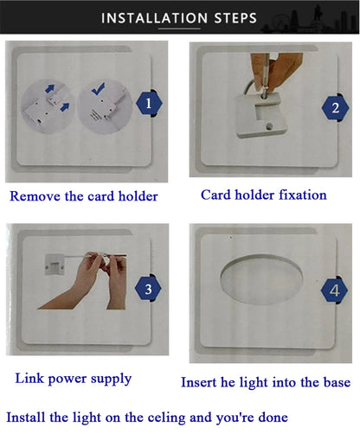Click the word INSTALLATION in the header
154,18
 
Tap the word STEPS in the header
235,18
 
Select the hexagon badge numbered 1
149,103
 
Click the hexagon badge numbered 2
335,108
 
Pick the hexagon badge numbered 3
148,289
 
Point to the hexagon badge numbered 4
334,290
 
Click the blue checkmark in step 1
99,89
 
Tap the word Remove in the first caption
35,196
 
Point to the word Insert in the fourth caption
199,382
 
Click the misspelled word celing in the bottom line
166,418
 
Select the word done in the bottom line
273,418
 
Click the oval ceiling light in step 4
261,279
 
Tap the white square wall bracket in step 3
55,265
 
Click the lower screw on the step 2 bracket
269,125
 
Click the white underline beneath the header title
179,29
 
